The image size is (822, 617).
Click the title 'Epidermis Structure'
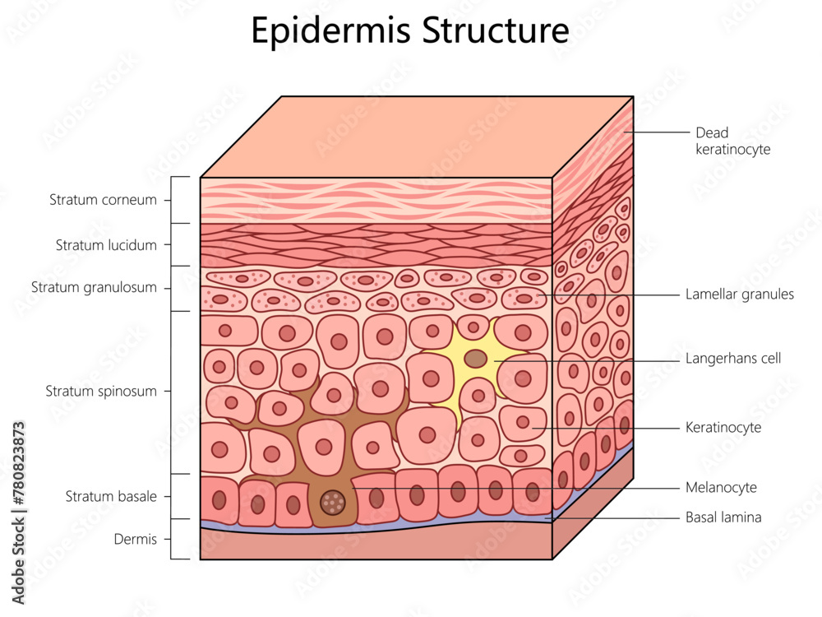tap(409, 31)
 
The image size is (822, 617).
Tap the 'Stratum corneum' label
tap(103, 200)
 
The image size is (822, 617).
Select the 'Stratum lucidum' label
tap(106, 244)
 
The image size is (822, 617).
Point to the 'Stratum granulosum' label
tap(94, 288)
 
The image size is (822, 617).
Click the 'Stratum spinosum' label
tap(100, 392)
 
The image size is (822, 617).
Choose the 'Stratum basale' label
tap(111, 496)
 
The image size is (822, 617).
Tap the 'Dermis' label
tap(136, 540)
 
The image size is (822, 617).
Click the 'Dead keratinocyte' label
tap(732, 141)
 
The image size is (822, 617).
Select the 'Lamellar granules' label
tap(740, 294)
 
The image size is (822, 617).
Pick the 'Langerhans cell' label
tap(733, 359)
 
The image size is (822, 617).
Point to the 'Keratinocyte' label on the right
tap(723, 428)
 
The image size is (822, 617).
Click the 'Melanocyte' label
tap(721, 488)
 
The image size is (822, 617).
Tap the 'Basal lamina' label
tap(723, 517)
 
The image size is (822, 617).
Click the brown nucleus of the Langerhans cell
tap(475, 359)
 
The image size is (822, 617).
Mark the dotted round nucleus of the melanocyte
tap(332, 501)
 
